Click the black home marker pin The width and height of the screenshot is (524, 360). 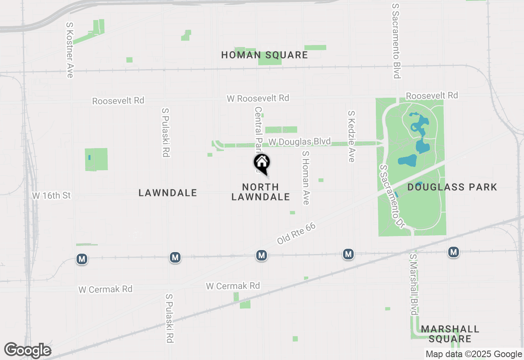pyautogui.click(x=262, y=163)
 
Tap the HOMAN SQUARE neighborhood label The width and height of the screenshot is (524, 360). pyautogui.click(x=264, y=55)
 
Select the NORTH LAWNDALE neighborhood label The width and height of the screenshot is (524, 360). pyautogui.click(x=261, y=192)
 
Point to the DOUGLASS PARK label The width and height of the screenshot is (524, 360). pyautogui.click(x=452, y=187)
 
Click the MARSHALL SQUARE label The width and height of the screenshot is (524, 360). pyautogui.click(x=450, y=334)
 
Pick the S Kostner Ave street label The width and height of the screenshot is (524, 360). pyautogui.click(x=70, y=50)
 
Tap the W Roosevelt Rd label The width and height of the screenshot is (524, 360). pyautogui.click(x=258, y=98)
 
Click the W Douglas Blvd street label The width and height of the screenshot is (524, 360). pyautogui.click(x=299, y=142)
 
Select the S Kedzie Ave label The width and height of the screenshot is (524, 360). pyautogui.click(x=351, y=136)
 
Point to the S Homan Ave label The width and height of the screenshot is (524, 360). pyautogui.click(x=305, y=177)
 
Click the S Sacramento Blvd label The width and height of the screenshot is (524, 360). pyautogui.click(x=395, y=41)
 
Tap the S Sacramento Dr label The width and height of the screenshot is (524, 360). pyautogui.click(x=392, y=196)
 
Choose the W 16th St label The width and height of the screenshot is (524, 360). pyautogui.click(x=52, y=196)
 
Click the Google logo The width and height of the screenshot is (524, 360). pyautogui.click(x=27, y=350)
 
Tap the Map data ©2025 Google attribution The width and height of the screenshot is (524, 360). pyautogui.click(x=474, y=354)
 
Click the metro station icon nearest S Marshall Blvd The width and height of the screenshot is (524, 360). pyautogui.click(x=453, y=252)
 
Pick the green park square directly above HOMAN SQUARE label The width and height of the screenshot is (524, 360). pyautogui.click(x=239, y=49)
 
